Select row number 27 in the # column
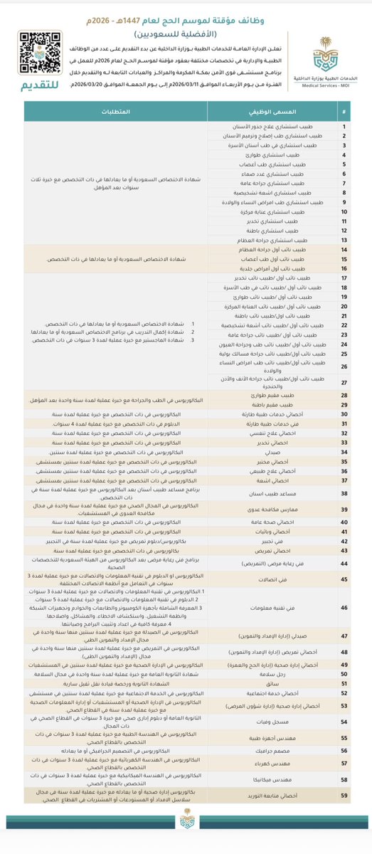tap(344, 381)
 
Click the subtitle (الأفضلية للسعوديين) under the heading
tap(186, 33)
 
